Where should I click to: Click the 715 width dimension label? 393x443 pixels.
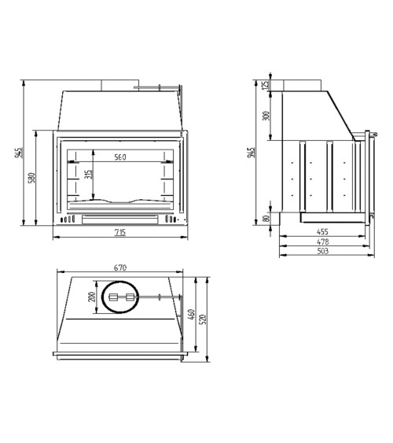tap(120, 233)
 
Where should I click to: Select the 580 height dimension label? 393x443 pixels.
tap(32, 178)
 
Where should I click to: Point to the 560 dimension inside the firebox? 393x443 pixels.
tap(120, 157)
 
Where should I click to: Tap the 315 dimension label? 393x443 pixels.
tap(88, 175)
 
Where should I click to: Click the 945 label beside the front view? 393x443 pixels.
tap(19, 153)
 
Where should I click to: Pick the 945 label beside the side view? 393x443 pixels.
tap(251, 153)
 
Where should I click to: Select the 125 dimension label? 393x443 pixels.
tap(265, 85)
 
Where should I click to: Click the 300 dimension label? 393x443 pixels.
tap(266, 116)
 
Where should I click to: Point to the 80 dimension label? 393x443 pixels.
tap(266, 219)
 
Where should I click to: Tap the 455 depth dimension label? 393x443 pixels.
tap(322, 231)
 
